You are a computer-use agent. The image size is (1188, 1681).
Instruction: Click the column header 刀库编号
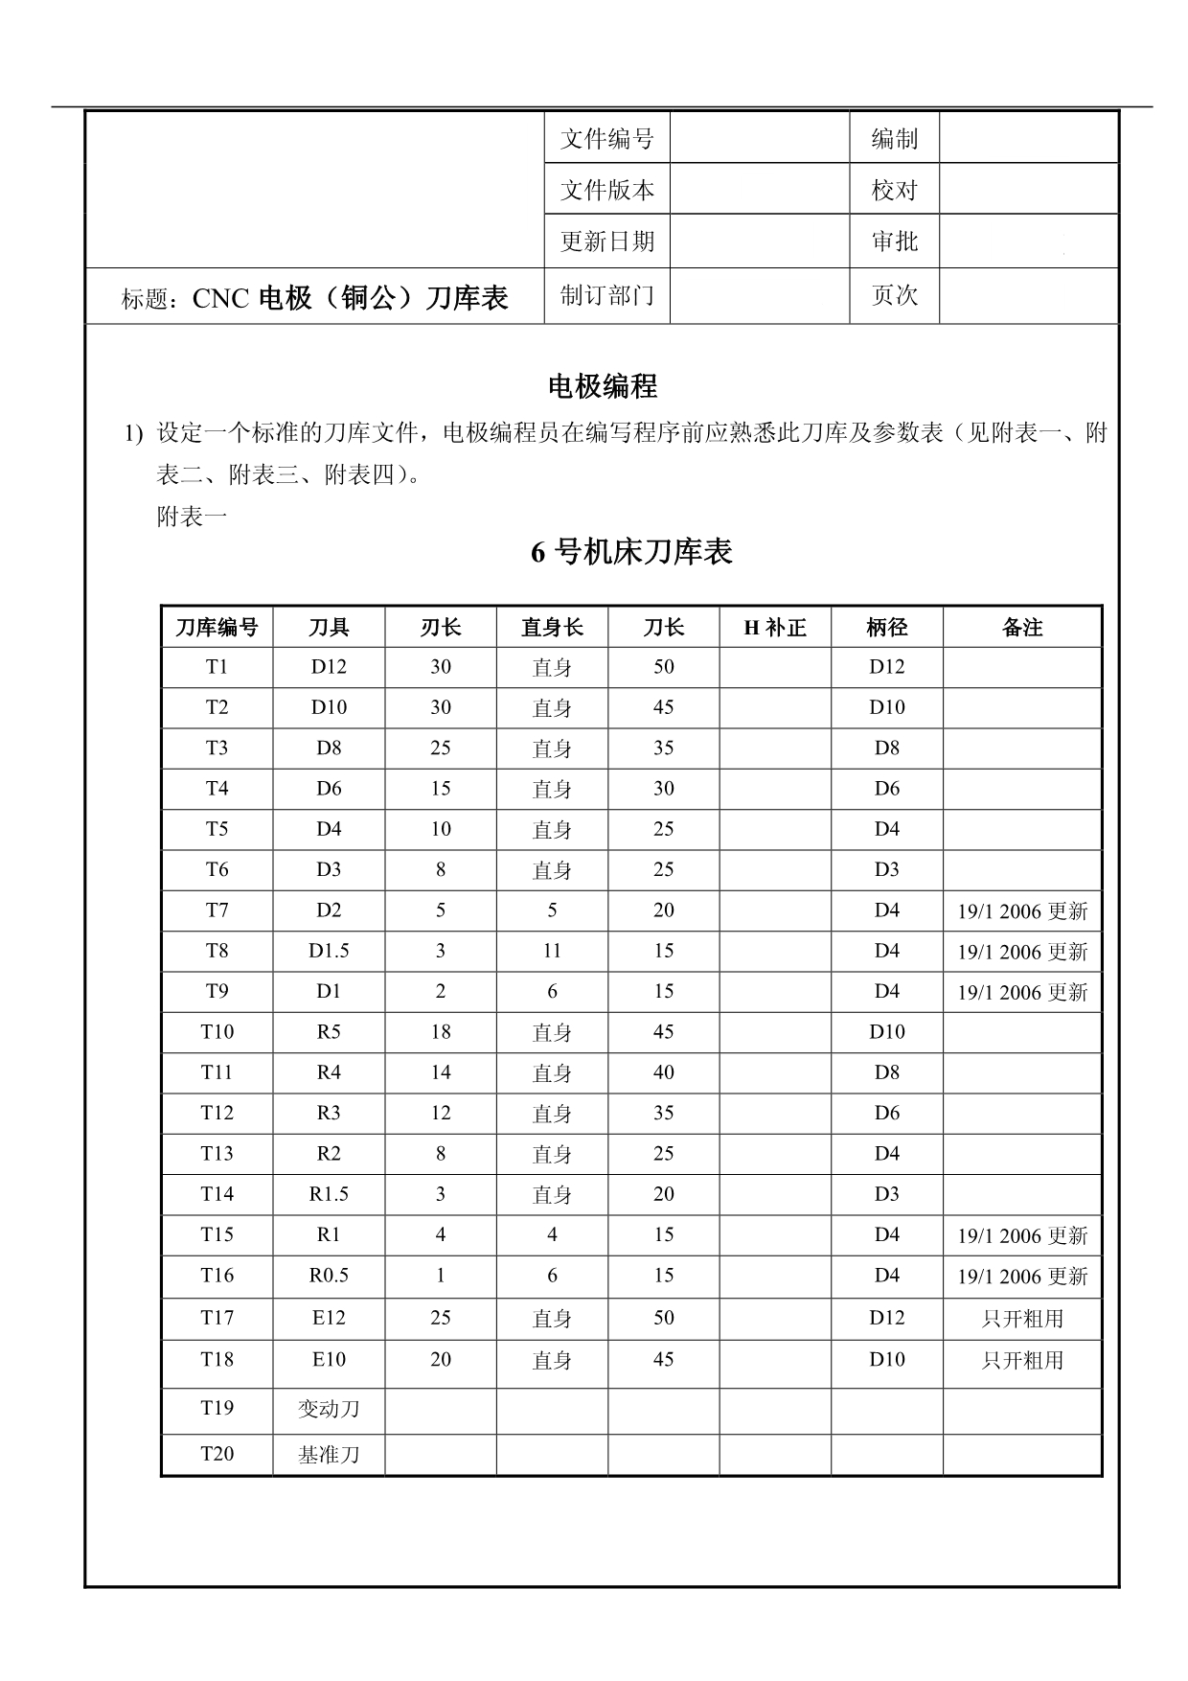click(x=217, y=628)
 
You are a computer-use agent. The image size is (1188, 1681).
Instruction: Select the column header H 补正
click(x=774, y=628)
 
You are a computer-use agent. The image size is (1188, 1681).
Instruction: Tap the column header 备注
click(x=1021, y=628)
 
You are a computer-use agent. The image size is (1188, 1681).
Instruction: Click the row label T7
click(x=217, y=910)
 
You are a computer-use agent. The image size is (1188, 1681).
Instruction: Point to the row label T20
click(x=217, y=1454)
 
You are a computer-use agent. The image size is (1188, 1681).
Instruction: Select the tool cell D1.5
click(x=329, y=951)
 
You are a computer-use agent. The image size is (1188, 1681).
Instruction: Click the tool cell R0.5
click(x=329, y=1276)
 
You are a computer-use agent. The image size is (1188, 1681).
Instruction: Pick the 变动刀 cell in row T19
click(x=329, y=1409)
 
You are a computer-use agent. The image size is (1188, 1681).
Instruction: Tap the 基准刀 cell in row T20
click(x=329, y=1455)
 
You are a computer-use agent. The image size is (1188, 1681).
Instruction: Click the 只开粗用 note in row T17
click(x=1022, y=1319)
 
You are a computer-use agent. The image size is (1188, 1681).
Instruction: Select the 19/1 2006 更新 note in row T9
click(x=1022, y=993)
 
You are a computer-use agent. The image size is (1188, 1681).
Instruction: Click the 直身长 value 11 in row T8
click(x=552, y=951)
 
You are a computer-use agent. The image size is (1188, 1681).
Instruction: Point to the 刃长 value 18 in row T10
click(x=441, y=1032)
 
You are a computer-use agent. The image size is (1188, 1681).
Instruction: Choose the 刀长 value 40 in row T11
click(x=663, y=1072)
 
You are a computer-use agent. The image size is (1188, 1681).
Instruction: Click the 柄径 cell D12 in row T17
click(x=886, y=1318)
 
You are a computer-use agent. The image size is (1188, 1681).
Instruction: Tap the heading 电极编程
click(x=602, y=386)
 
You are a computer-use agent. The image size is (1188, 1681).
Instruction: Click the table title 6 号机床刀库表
click(x=631, y=552)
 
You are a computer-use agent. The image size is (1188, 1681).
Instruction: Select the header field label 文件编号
click(x=606, y=139)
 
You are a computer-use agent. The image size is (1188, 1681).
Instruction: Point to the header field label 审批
click(x=894, y=242)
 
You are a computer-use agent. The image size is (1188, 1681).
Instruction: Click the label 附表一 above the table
click(x=192, y=518)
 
